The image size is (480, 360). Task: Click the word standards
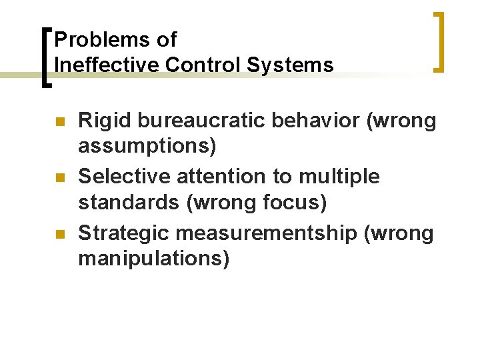point(129,202)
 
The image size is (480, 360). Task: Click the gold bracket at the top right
point(440,41)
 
